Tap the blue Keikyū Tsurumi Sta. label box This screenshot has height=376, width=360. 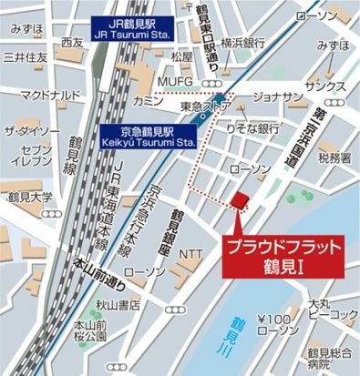click(x=149, y=137)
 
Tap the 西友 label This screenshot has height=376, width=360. click(x=72, y=43)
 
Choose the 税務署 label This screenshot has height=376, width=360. click(x=334, y=158)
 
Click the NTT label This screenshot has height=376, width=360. click(x=191, y=252)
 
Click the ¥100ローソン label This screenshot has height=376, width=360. click(x=277, y=325)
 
